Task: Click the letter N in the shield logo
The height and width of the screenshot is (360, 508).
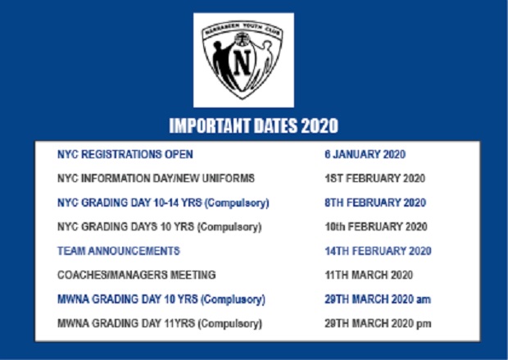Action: (x=243, y=62)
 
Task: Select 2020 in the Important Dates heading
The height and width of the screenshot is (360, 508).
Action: (x=320, y=125)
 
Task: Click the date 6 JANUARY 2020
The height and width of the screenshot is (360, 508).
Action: (x=365, y=154)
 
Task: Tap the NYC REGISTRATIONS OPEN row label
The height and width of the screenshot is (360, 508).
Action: (x=125, y=154)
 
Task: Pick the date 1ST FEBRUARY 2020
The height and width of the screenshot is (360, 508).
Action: (x=374, y=179)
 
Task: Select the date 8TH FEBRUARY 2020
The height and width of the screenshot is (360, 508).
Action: (x=375, y=203)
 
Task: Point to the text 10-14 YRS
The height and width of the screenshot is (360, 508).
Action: (x=178, y=203)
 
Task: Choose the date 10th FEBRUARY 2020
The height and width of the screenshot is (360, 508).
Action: (x=376, y=226)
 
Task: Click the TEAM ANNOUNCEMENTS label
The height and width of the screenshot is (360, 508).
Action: (x=119, y=251)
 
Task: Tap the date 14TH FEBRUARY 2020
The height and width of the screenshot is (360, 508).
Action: (x=378, y=251)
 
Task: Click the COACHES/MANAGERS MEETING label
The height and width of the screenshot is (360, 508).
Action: (x=136, y=275)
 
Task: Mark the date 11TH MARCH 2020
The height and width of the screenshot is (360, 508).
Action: (x=369, y=275)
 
